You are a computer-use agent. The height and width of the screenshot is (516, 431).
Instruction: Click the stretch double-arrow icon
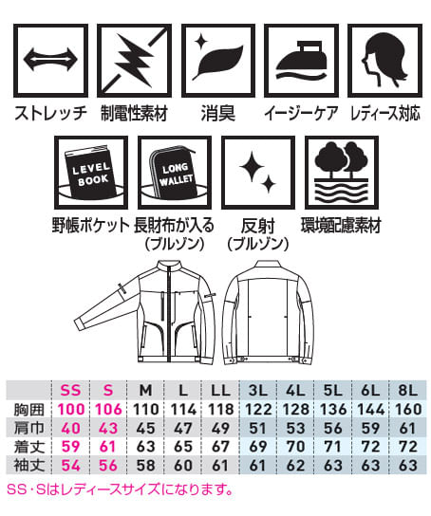(50, 60)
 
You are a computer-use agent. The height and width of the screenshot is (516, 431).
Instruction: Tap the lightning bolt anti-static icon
(134, 60)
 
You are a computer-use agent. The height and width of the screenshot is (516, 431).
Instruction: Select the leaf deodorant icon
(218, 60)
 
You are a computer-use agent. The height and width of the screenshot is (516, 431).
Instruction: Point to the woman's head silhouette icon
(385, 60)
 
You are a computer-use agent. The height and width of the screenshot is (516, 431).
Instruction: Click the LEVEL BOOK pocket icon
(91, 173)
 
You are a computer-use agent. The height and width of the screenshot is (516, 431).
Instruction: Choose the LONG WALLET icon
(174, 173)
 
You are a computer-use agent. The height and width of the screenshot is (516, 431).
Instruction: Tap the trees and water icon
(342, 173)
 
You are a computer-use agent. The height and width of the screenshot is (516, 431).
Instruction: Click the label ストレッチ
(50, 113)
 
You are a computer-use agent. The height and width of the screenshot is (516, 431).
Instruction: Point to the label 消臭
(218, 113)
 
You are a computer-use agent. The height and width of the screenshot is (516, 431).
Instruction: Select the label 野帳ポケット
(91, 226)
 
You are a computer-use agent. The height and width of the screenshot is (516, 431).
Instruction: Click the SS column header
(70, 390)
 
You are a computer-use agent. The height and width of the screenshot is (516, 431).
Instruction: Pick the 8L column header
(407, 390)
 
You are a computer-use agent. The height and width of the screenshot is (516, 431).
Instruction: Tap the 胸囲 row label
(29, 410)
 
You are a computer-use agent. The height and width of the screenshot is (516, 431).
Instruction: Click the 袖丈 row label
(29, 466)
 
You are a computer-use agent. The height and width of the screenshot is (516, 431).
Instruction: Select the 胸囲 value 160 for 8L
(407, 410)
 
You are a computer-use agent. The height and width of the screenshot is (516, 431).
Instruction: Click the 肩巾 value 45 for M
(145, 428)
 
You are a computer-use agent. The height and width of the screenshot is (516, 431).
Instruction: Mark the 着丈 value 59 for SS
(70, 447)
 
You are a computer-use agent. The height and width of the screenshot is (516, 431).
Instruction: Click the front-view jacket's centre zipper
(170, 312)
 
